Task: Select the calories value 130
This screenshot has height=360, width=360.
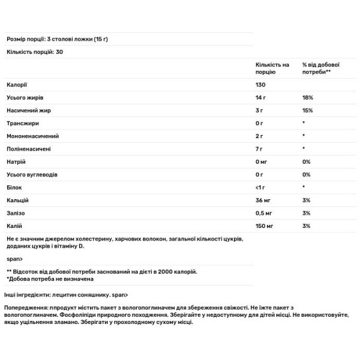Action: tap(260, 85)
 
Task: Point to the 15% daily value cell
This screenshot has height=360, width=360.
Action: tap(307, 110)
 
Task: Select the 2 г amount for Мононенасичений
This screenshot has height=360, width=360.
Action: tap(259, 136)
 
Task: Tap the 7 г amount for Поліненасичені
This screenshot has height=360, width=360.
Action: tap(259, 148)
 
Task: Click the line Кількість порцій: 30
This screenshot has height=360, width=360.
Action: tap(35, 52)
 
